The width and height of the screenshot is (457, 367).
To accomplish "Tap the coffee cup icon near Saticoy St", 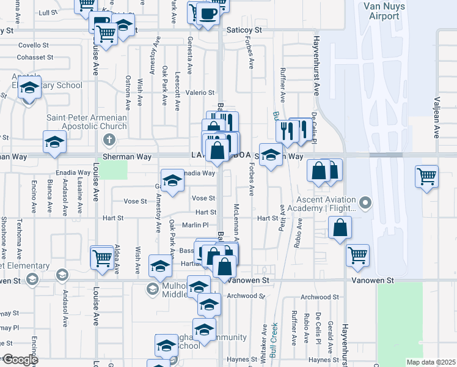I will coord(208,14).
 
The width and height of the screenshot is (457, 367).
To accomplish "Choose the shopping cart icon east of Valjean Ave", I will coord(427,177).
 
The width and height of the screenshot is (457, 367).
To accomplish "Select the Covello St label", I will coord(33,45).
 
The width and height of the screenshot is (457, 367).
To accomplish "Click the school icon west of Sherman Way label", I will coord(54,143).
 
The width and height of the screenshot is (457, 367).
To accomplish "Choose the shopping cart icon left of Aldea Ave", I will coord(102,257).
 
